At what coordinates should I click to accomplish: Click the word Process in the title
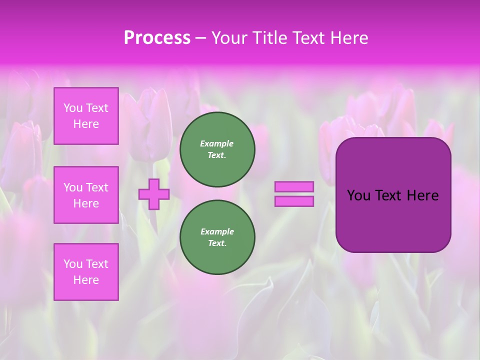pos(157,38)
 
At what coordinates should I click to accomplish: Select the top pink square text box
pos(86,116)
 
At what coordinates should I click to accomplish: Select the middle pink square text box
pos(86,195)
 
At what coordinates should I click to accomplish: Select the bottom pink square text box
pos(86,272)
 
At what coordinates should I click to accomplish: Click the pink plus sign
pos(154,194)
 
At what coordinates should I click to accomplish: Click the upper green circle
pos(217,149)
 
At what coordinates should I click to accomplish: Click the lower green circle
pos(217,237)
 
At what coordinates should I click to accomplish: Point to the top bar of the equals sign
pos(294,187)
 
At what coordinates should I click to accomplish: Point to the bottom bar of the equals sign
pos(294,201)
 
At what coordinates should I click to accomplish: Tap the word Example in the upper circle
pos(216,143)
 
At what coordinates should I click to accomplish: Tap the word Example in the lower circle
pos(217,231)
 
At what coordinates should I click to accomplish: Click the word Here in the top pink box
pos(86,124)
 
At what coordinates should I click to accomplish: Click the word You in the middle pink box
pos(73,187)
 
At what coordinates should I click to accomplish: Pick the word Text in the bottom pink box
pos(97,264)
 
